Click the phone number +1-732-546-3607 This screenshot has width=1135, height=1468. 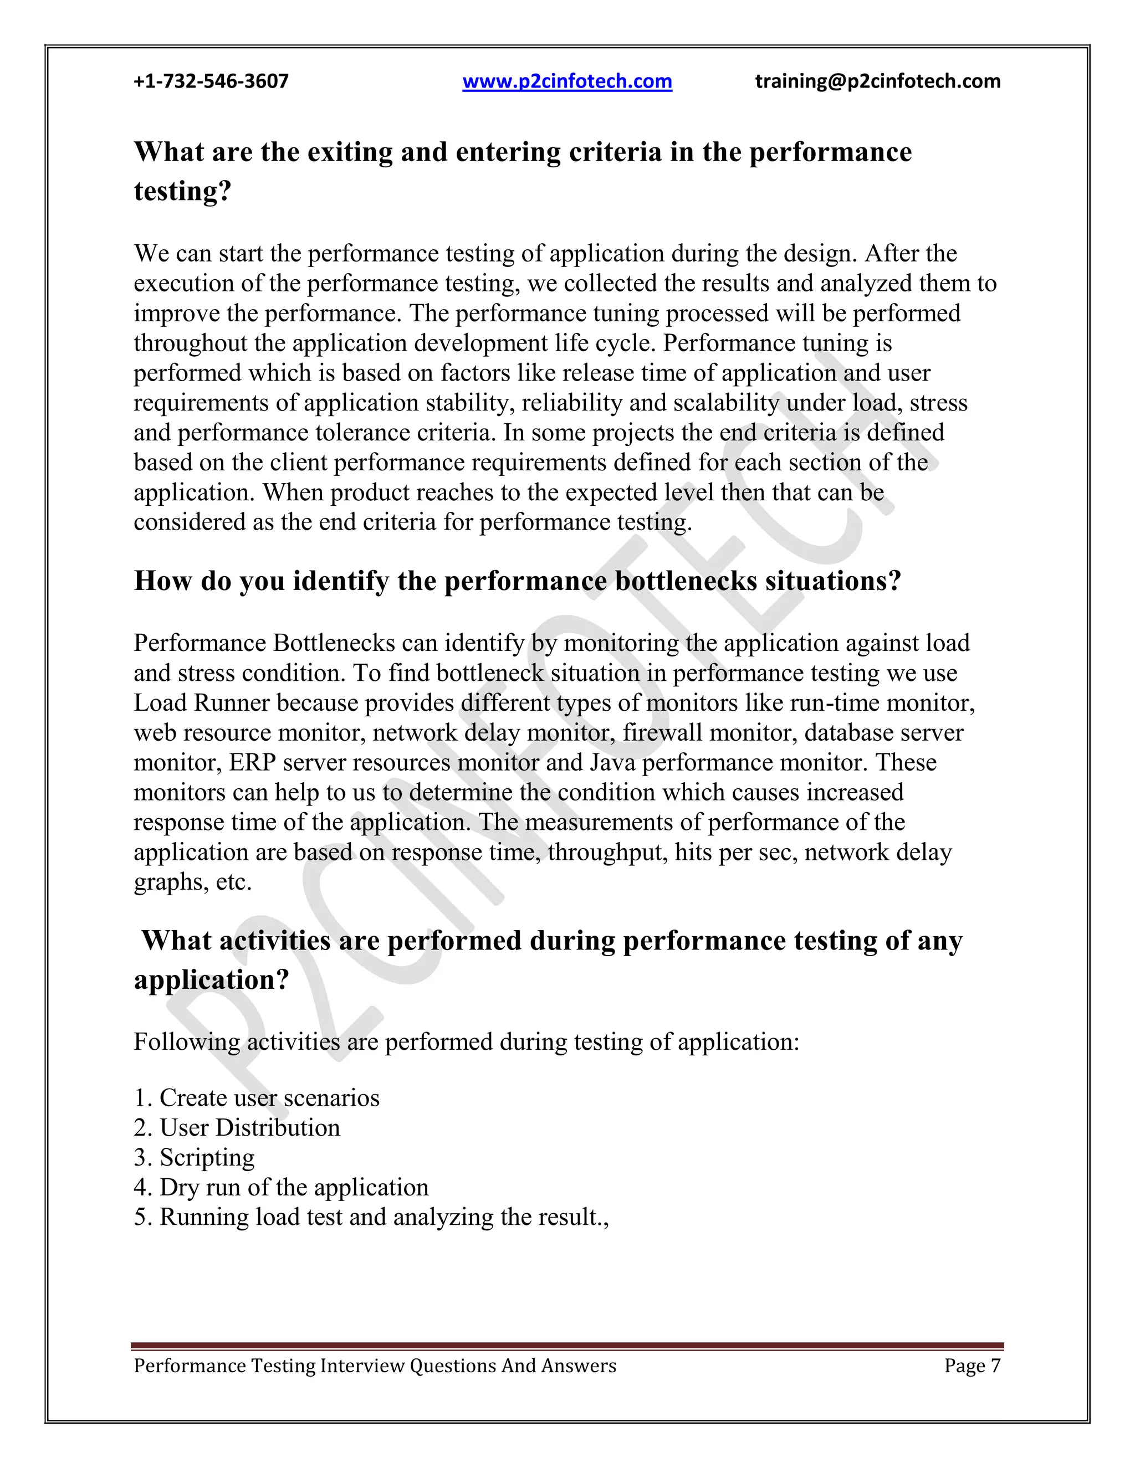[x=211, y=81]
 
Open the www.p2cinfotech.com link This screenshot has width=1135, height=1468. [x=567, y=81]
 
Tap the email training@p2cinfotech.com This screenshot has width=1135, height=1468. [x=877, y=81]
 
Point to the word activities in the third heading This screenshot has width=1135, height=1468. [x=275, y=941]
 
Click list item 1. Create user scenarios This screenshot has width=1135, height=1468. [x=257, y=1097]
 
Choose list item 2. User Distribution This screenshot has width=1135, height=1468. [x=237, y=1127]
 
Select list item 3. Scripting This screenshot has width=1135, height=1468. [x=195, y=1157]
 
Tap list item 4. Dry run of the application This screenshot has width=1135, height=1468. [x=281, y=1187]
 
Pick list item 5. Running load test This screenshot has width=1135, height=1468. [x=371, y=1217]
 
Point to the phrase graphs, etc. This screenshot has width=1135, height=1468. [x=192, y=882]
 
